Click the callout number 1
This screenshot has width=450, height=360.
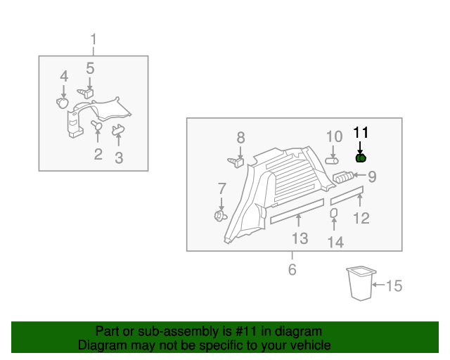point(94,39)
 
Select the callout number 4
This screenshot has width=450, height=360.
point(64,76)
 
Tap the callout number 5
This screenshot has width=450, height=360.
point(90,68)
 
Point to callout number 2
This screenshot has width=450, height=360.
point(98,154)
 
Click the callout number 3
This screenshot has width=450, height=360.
point(119,159)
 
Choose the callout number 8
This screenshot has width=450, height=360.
point(240,137)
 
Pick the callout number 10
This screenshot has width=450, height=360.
point(334,136)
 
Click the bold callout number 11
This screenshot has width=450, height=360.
point(361,132)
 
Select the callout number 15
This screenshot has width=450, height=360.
point(394,285)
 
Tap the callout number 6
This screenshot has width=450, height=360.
point(292,269)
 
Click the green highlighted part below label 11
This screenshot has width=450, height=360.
point(361,158)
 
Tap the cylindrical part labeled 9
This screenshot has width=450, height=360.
point(344,177)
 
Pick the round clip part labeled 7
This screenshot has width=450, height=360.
point(219,214)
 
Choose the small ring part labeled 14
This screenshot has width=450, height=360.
point(334,213)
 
